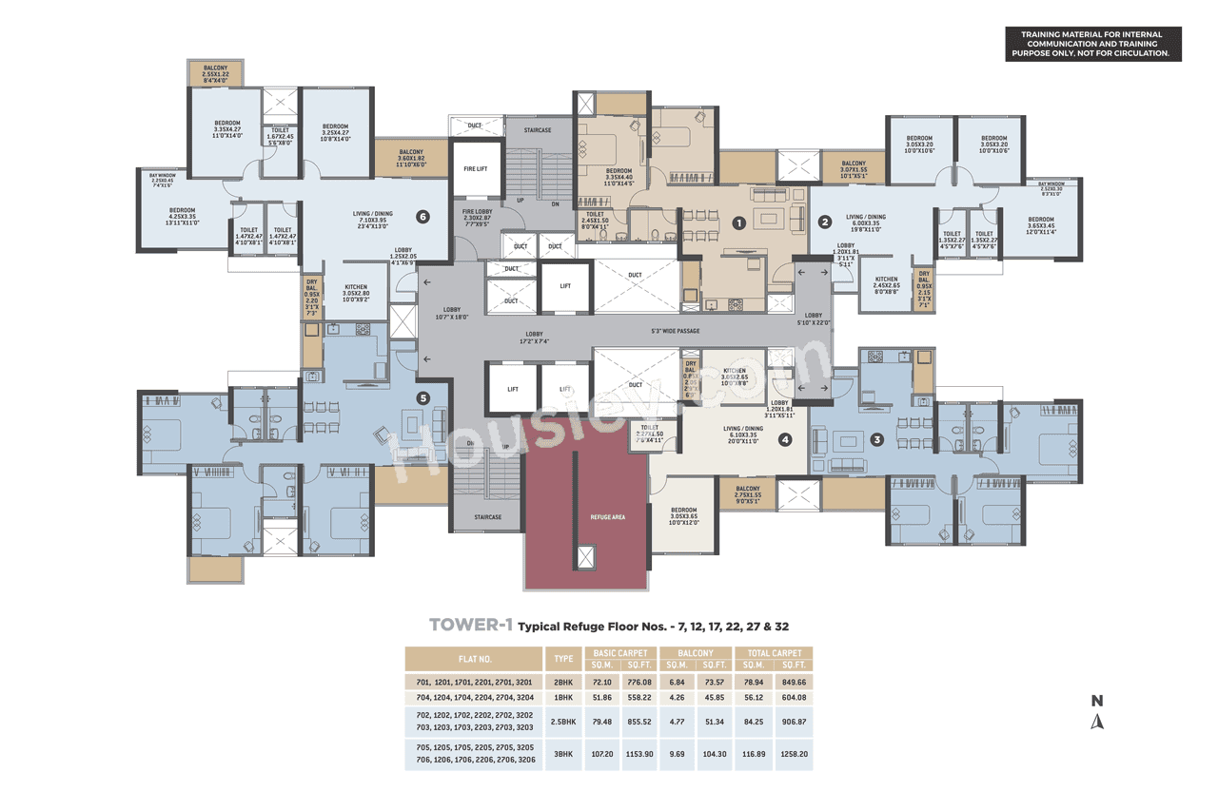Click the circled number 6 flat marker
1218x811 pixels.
(x=422, y=217)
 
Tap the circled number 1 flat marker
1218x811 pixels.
(x=737, y=222)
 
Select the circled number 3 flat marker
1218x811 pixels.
(x=877, y=439)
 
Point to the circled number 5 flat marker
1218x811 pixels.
(x=423, y=399)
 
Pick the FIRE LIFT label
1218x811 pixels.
(x=476, y=168)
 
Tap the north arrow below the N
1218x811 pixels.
(x=1097, y=721)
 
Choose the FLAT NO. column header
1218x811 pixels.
(x=473, y=658)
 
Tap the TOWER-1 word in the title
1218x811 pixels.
(x=471, y=626)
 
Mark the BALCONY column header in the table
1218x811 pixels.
(x=697, y=653)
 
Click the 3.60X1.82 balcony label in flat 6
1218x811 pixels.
(x=411, y=158)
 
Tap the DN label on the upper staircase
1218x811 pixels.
(x=554, y=203)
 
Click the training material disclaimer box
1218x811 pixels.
(x=1094, y=45)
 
